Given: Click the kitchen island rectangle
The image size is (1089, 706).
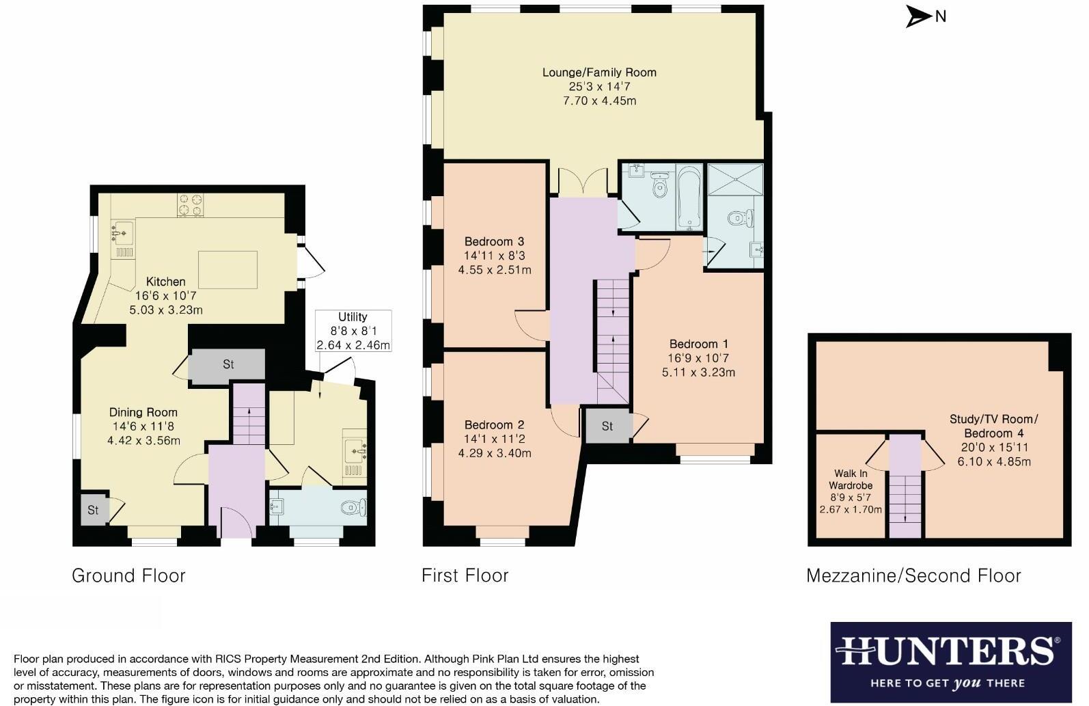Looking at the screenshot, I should tap(228, 269).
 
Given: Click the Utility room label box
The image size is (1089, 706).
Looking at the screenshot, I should tap(353, 331).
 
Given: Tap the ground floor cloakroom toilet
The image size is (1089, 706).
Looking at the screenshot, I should tap(354, 507).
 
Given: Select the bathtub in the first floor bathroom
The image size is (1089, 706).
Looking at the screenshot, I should tap(689, 196).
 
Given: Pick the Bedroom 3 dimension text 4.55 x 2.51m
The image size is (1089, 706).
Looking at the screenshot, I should tap(495, 270).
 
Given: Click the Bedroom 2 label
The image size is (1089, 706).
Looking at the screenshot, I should tap(495, 424).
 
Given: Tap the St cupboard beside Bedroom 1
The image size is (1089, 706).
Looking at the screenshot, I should tap(607, 426).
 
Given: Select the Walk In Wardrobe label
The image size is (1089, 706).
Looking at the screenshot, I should tap(851, 479).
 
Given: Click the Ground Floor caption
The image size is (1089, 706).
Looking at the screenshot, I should tap(128, 575).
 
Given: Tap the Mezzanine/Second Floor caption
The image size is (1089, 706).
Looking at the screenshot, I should tap(913, 575).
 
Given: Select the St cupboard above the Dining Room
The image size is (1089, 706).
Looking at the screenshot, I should tap(228, 364).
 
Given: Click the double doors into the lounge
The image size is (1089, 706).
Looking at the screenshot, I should tap(582, 182).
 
